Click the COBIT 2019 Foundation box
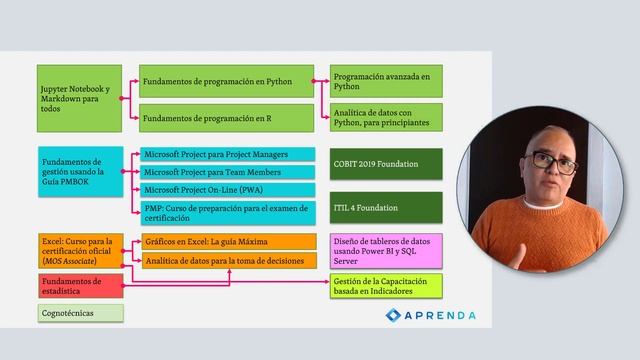pos(388,162)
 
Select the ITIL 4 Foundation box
pos(388,208)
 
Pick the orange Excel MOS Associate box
pos(80,250)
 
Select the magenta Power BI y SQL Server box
pos(388,250)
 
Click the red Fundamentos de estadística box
pos(80,286)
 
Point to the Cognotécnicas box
pos(80,313)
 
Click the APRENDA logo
pos(431,315)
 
